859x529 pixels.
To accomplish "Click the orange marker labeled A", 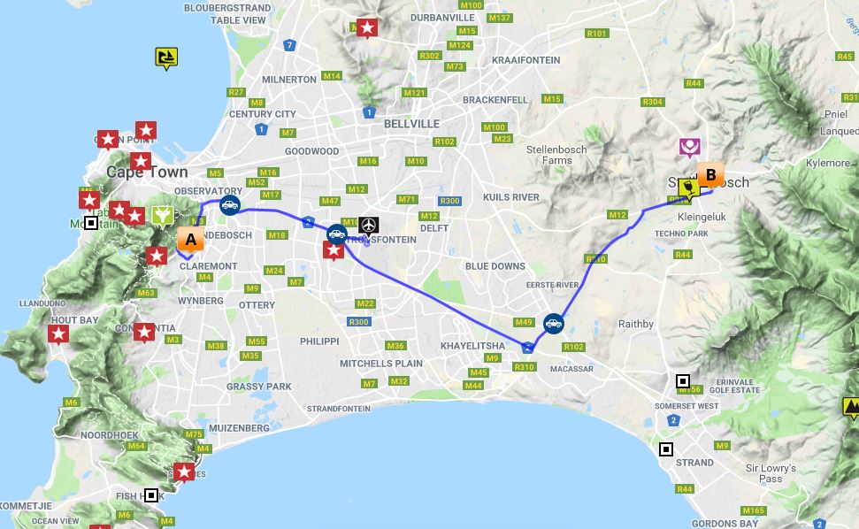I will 190,240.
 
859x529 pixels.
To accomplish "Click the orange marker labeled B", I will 710,174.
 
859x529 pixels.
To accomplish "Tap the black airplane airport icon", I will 369,226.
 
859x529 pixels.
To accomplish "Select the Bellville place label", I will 411,124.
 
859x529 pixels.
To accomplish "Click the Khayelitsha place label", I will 472,346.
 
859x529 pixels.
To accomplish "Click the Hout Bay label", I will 75,320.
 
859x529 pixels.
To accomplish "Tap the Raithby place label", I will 636,325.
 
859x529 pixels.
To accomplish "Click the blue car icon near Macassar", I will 554,324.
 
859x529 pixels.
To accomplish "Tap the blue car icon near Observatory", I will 229,206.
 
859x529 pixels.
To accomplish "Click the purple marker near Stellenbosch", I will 690,147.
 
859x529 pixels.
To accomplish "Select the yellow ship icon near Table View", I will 165,58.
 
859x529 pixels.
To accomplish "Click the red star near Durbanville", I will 366,29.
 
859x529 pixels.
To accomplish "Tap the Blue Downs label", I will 495,266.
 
